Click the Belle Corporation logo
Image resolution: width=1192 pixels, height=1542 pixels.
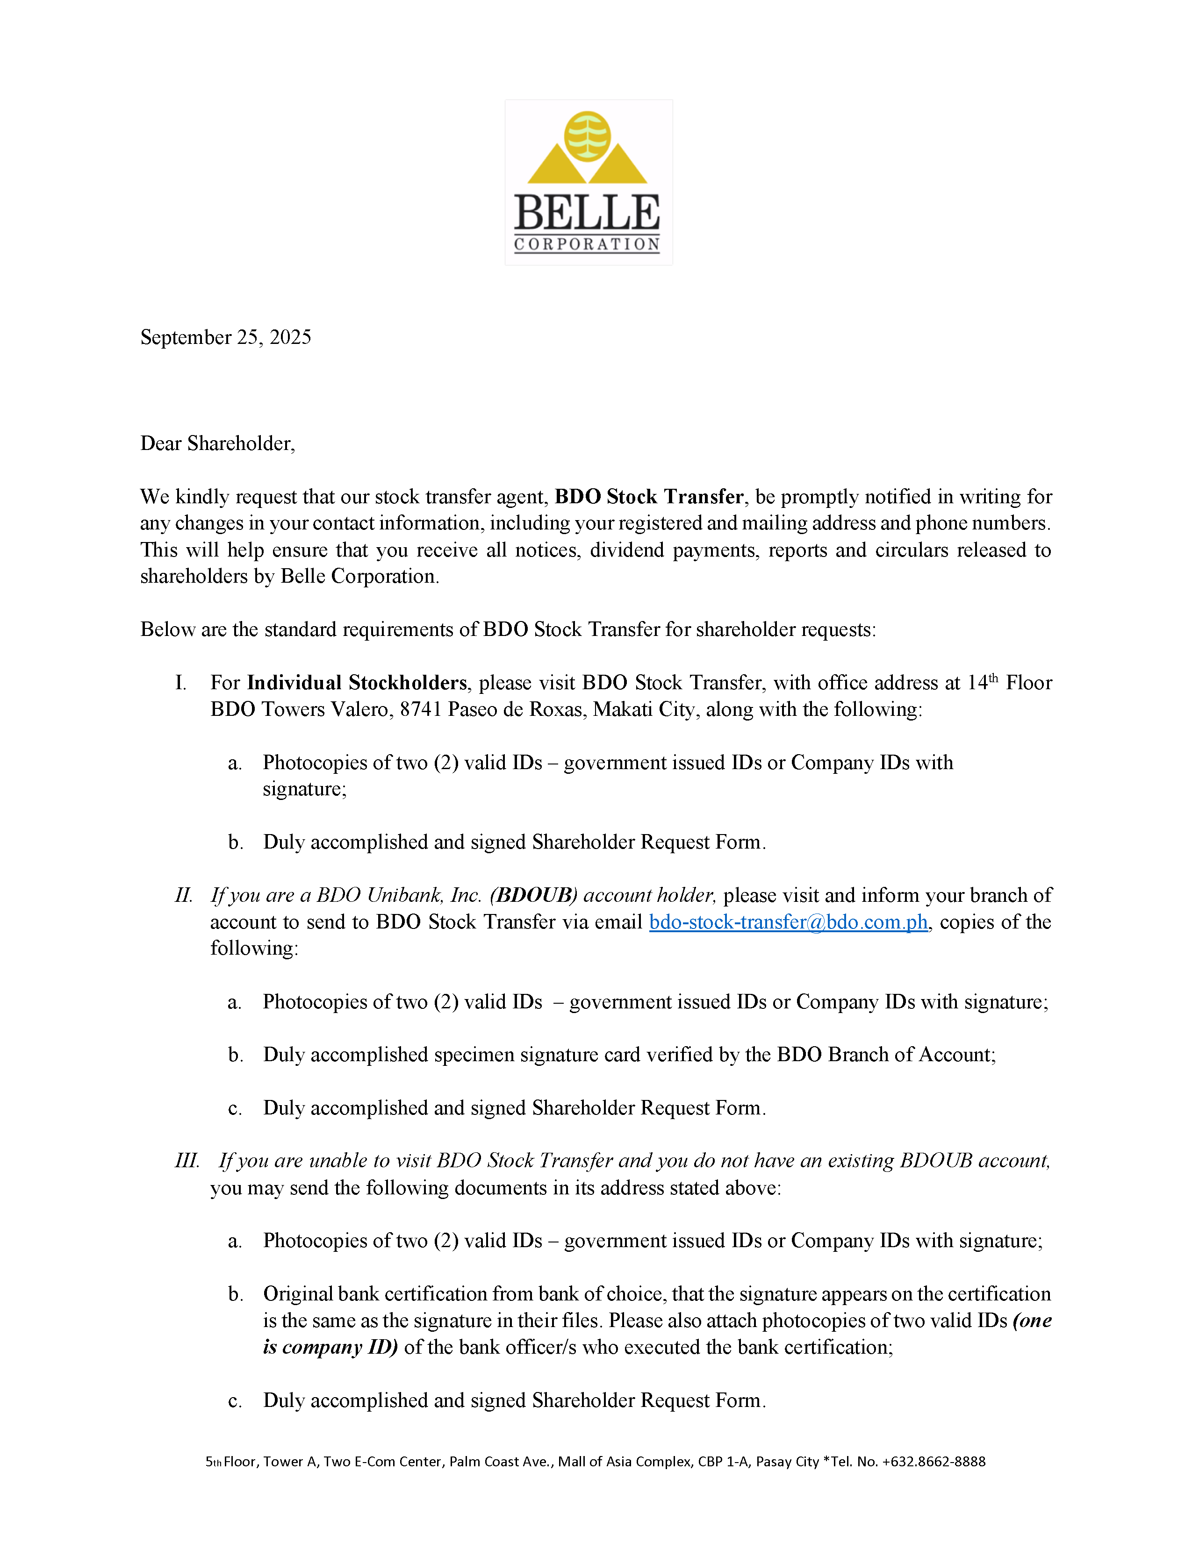[x=588, y=182]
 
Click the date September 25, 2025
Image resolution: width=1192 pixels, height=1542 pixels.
[x=225, y=337]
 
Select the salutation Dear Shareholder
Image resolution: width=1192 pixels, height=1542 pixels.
[x=217, y=443]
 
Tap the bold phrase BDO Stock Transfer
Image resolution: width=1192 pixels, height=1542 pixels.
[x=648, y=497]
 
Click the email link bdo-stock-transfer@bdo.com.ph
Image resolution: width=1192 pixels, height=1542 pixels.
[x=788, y=922]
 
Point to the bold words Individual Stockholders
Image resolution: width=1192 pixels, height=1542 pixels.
[x=357, y=683]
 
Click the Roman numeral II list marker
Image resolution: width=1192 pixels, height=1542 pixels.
[x=184, y=895]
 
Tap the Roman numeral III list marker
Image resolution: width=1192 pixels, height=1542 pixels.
[x=187, y=1161]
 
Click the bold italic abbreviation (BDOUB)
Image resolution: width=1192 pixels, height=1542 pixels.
[x=533, y=895]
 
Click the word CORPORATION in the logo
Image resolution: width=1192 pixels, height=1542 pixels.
[x=587, y=244]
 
